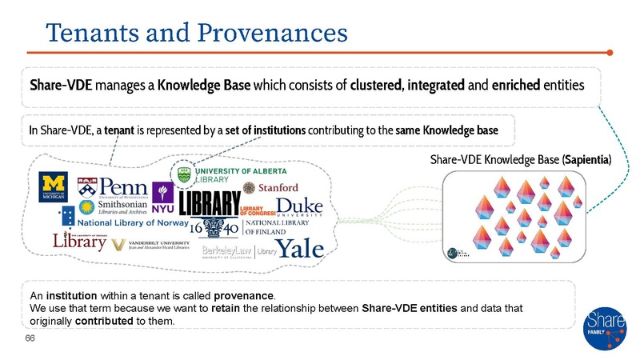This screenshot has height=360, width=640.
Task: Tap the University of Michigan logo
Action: click(54, 188)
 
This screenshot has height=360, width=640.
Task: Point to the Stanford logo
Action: click(270, 187)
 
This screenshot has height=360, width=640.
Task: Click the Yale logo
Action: click(302, 247)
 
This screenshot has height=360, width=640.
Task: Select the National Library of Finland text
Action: click(267, 229)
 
